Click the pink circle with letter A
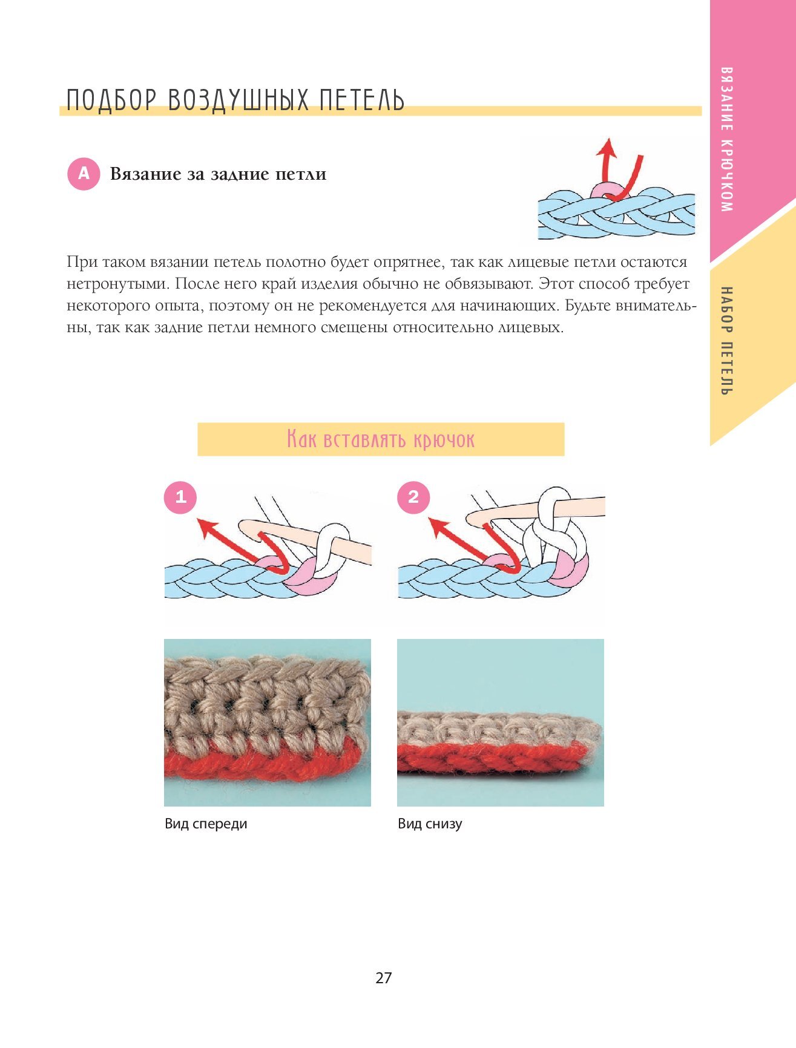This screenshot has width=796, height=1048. pyautogui.click(x=84, y=174)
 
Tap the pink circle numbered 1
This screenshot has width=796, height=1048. pyautogui.click(x=180, y=497)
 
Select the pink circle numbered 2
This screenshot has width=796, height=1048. pyautogui.click(x=413, y=497)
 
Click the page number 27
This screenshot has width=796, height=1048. pyautogui.click(x=384, y=978)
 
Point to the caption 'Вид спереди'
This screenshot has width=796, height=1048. pyautogui.click(x=206, y=824)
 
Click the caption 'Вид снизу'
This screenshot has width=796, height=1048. pyautogui.click(x=430, y=824)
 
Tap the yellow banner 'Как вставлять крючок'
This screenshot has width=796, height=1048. pyautogui.click(x=381, y=439)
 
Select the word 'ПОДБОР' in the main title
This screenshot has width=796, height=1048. pyautogui.click(x=111, y=100)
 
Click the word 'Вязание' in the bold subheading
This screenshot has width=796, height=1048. pyautogui.click(x=146, y=174)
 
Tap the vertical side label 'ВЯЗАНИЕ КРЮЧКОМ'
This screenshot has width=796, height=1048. pyautogui.click(x=727, y=139)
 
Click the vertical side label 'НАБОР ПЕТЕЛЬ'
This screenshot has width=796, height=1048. pyautogui.click(x=727, y=341)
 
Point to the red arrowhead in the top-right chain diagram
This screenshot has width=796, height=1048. pyautogui.click(x=606, y=148)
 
